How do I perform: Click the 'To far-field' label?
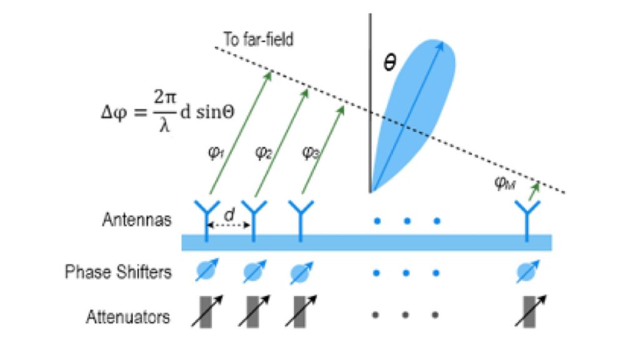coord(258,39)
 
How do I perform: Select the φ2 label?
coord(263,152)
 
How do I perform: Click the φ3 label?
coord(310,152)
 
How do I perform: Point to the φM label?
coord(505,182)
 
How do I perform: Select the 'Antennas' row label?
coord(137,220)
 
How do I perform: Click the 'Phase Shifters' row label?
coord(118,272)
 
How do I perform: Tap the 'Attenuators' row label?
coord(128,316)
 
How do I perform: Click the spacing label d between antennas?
coord(229,214)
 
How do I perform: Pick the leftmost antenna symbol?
coord(206,216)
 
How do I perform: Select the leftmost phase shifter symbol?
coord(206,271)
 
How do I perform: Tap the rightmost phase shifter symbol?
coord(529,271)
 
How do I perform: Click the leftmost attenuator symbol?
coord(206,313)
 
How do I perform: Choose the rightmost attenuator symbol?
coord(529,313)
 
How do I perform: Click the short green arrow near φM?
coord(532,190)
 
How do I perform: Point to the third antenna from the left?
coord(300,216)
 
